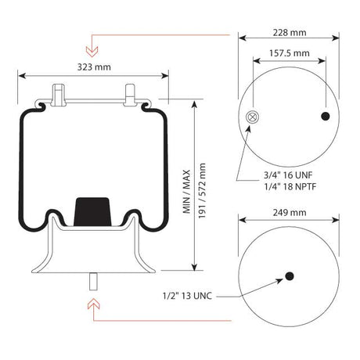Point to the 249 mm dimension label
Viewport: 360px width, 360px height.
coord(289,213)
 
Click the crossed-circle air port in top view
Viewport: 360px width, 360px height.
coord(252,117)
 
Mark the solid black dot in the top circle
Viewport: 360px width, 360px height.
coord(326,117)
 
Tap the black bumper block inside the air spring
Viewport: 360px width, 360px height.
coord(92,211)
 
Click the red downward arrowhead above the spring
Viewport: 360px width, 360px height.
coord(92,51)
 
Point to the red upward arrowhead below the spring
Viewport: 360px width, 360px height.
coord(92,301)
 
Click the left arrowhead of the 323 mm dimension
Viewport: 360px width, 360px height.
coord(20,76)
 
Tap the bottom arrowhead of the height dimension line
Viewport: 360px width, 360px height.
coord(194,266)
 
